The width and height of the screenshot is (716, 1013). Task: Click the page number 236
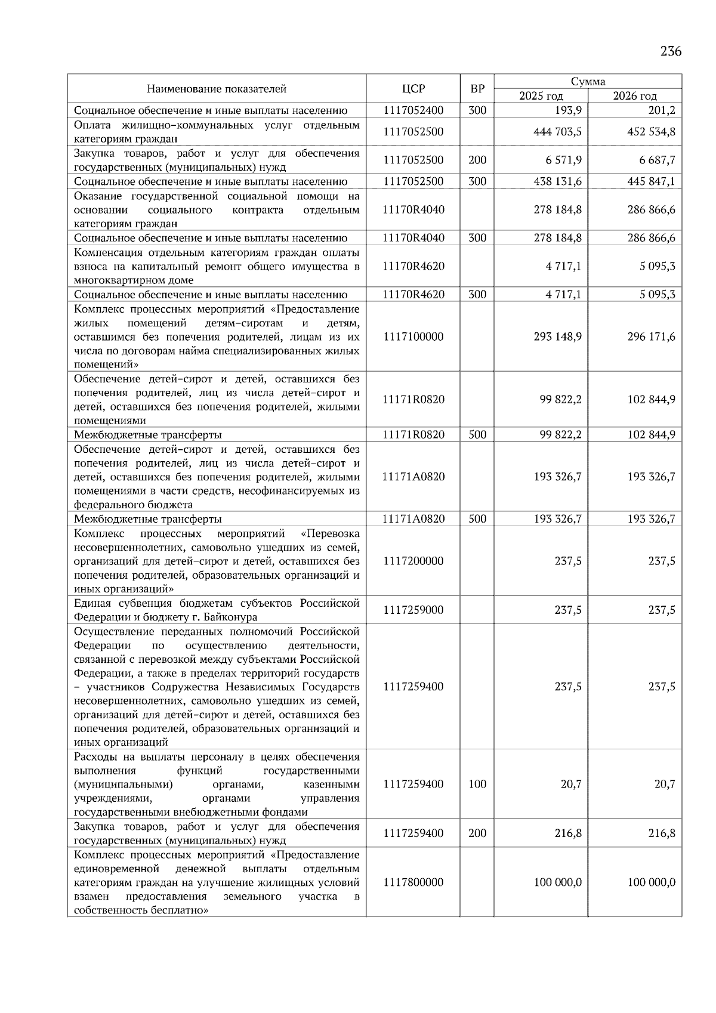671,51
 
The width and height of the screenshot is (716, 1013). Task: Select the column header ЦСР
413,89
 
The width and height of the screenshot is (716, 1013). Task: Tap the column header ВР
477,89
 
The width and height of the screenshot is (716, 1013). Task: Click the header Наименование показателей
217,89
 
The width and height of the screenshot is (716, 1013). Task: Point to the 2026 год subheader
635,96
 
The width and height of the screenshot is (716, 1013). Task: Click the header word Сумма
588,82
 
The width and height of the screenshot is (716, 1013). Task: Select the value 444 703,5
557,132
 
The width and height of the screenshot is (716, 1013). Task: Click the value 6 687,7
656,160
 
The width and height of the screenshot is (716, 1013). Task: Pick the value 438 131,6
557,181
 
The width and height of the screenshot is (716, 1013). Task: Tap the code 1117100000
413,336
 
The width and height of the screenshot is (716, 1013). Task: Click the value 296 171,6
651,336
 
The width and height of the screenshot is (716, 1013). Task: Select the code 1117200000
413,561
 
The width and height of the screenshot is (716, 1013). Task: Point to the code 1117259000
413,610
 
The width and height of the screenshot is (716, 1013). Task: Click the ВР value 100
477,784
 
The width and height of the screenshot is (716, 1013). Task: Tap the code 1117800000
413,882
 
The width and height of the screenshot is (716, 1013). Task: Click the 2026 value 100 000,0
651,882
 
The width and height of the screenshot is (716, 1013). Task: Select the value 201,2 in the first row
663,110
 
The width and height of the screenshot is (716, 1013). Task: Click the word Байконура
230,617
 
